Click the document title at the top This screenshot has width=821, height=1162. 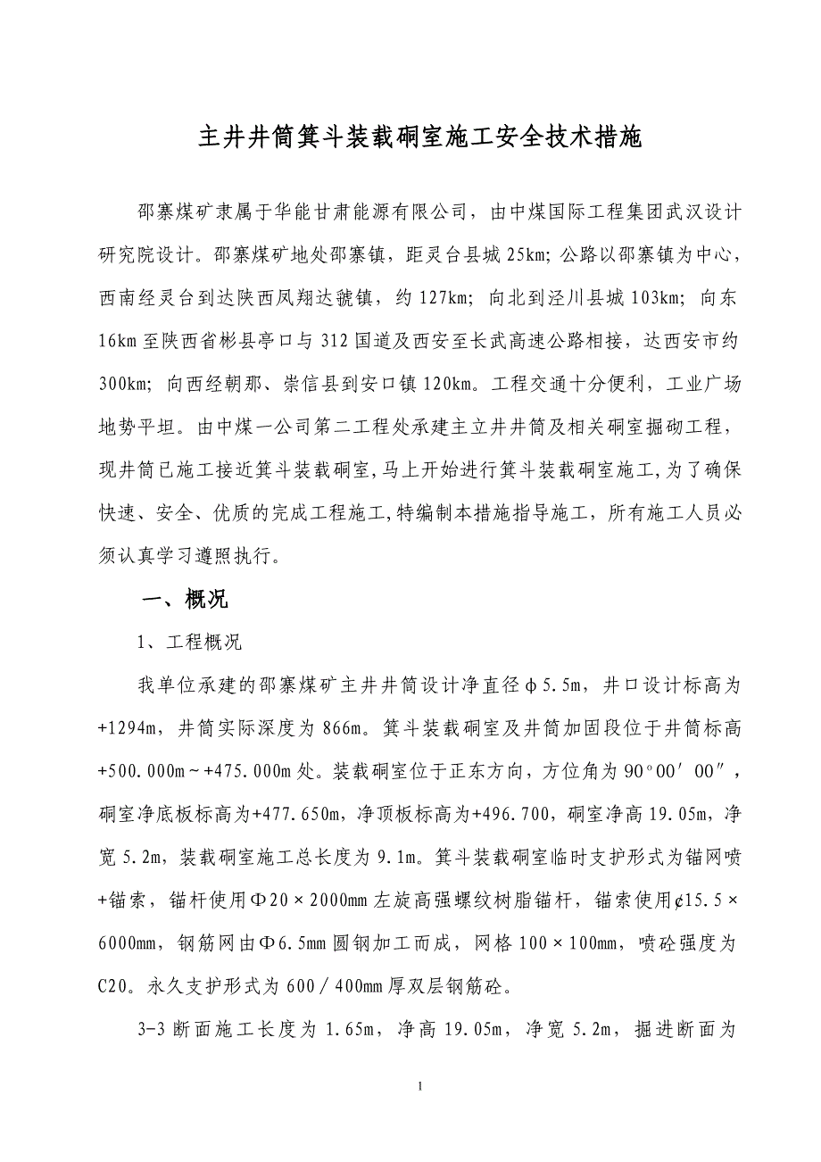tap(419, 139)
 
